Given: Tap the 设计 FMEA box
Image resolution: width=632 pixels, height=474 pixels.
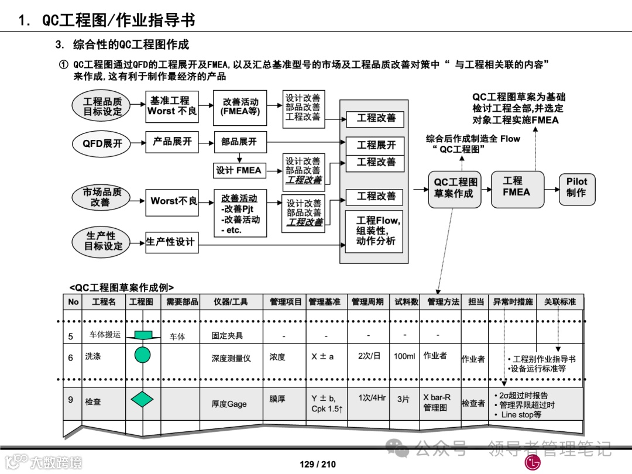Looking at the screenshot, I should point(239,170).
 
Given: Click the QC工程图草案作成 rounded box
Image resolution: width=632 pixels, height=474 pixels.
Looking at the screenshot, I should point(454,188).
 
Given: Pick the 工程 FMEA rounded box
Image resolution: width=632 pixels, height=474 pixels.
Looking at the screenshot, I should point(516,187).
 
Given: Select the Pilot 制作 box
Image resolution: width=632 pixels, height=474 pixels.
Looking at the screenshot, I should point(576,187).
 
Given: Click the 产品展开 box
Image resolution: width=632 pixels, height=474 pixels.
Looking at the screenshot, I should point(172,142).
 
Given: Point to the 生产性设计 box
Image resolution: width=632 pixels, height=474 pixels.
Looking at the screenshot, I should point(171,242).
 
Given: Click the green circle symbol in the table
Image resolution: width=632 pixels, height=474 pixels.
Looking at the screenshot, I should point(143,355).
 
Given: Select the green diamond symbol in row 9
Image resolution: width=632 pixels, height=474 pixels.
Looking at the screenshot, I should point(142,399).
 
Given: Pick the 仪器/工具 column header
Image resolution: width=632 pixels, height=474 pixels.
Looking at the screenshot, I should point(230,302).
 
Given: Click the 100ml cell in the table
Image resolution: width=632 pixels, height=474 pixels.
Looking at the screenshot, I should point(404,356).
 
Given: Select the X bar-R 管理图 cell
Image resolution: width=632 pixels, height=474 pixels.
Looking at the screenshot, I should point(437,403).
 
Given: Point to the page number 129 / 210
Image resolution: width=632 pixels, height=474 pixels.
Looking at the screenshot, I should point(318,464).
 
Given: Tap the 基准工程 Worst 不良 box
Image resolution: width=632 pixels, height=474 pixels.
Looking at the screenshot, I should point(172,107).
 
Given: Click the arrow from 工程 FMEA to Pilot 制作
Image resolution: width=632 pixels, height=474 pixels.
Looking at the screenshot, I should point(551,189).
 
